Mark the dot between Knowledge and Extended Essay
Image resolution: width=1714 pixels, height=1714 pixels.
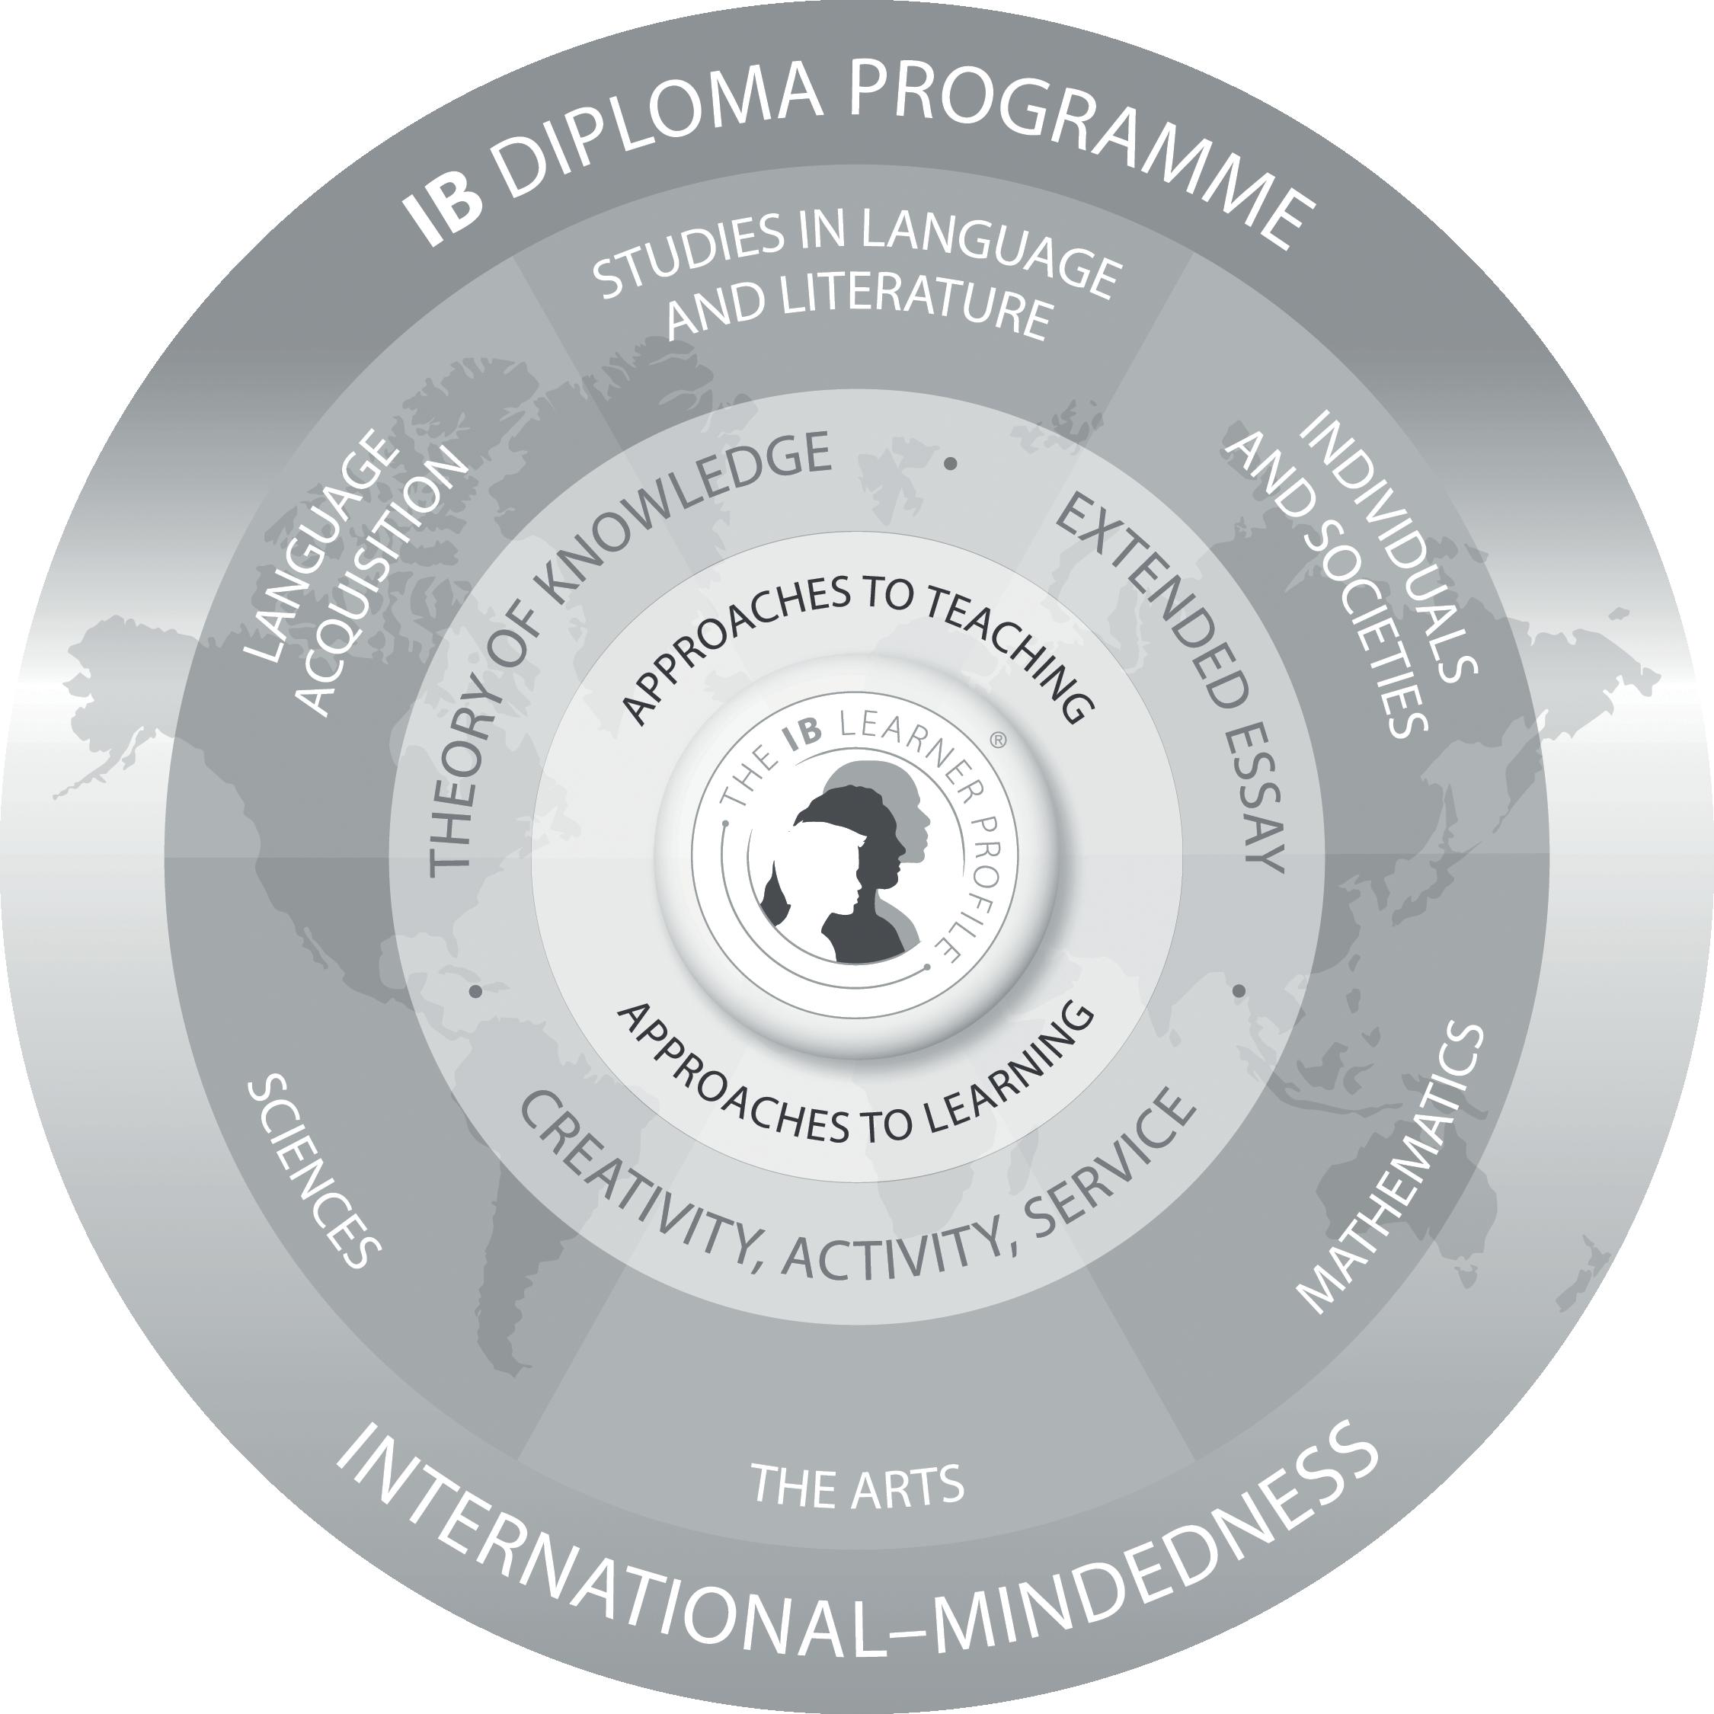(951, 463)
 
